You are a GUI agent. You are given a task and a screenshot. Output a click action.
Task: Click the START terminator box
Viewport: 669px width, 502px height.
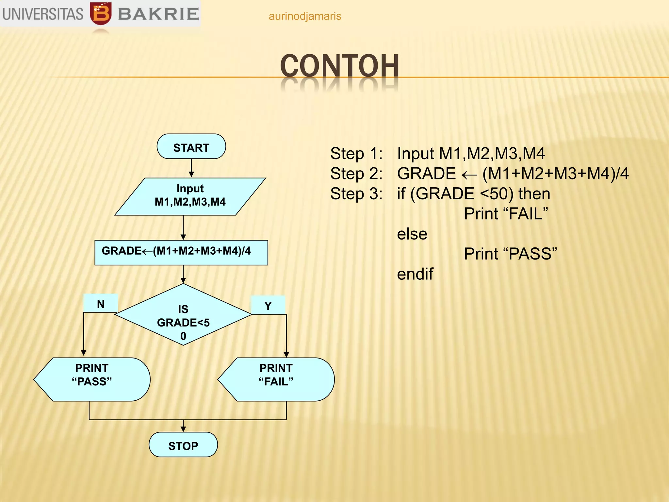[191, 147]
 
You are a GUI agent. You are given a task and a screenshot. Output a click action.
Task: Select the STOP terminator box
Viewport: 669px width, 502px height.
[183, 445]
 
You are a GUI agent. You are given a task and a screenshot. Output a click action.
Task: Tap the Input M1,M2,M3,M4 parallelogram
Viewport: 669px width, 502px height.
[190, 196]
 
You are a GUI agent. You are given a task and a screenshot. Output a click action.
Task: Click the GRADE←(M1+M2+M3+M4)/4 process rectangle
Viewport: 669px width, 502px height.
[181, 252]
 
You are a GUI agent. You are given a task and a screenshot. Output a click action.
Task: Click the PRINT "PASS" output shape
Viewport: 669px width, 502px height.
[92, 379]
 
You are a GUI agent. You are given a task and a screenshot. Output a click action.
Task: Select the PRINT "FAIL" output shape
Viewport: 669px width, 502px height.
[276, 379]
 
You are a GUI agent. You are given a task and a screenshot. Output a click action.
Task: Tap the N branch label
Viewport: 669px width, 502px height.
[101, 304]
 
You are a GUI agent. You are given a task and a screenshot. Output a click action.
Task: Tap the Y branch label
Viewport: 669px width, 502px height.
[268, 306]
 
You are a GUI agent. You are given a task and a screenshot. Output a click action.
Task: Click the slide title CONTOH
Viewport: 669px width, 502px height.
[339, 66]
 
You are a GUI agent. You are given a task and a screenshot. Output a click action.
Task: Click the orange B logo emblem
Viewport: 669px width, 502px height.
[101, 13]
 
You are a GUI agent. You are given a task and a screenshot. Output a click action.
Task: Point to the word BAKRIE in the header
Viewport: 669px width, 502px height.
[158, 14]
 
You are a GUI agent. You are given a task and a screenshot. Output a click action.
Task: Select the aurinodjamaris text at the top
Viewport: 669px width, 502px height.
[304, 16]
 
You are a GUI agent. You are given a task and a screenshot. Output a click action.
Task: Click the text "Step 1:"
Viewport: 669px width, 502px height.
[356, 154]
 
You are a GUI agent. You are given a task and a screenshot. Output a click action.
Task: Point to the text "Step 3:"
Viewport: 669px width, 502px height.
[356, 194]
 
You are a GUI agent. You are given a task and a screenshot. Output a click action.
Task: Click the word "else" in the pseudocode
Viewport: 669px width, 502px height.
[412, 234]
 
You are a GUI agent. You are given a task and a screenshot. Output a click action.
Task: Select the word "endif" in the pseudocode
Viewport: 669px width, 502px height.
[415, 274]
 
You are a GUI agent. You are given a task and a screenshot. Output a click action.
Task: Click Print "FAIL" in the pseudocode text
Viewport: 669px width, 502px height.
[506, 214]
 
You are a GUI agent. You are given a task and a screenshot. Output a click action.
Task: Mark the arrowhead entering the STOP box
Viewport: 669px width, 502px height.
[183, 429]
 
